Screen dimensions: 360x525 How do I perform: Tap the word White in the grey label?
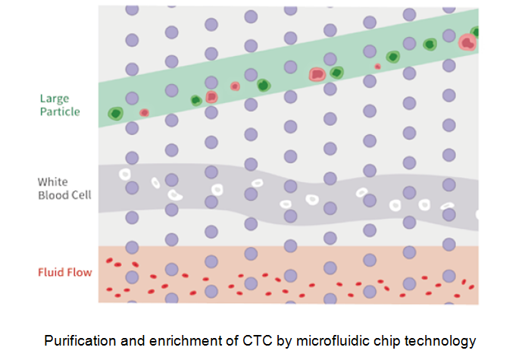click(x=52, y=182)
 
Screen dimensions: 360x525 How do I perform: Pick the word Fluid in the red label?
click(x=50, y=272)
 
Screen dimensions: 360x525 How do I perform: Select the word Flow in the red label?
click(x=79, y=272)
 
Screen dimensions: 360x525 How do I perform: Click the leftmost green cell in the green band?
click(x=115, y=114)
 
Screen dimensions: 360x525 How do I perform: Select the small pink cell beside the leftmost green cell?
click(x=144, y=112)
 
